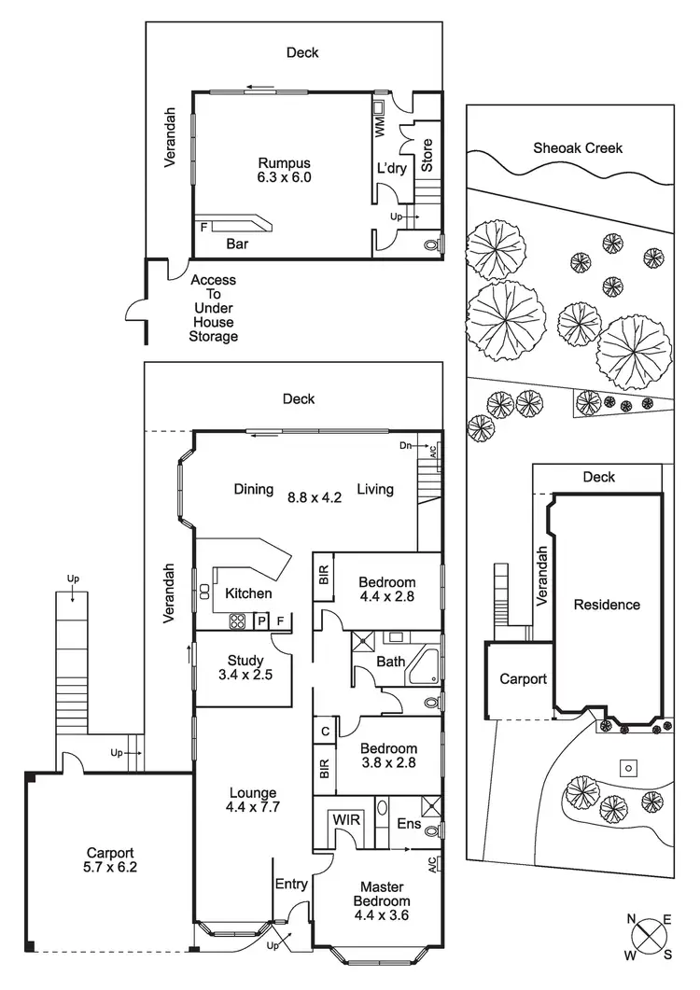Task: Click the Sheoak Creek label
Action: click(x=578, y=147)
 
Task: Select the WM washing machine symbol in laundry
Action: click(x=381, y=127)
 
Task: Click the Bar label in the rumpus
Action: click(x=237, y=245)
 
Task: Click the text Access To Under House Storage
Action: click(x=214, y=308)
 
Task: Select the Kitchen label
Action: click(x=249, y=593)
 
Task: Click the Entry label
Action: click(x=291, y=885)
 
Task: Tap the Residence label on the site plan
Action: click(x=607, y=605)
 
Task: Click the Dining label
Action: click(x=254, y=489)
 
